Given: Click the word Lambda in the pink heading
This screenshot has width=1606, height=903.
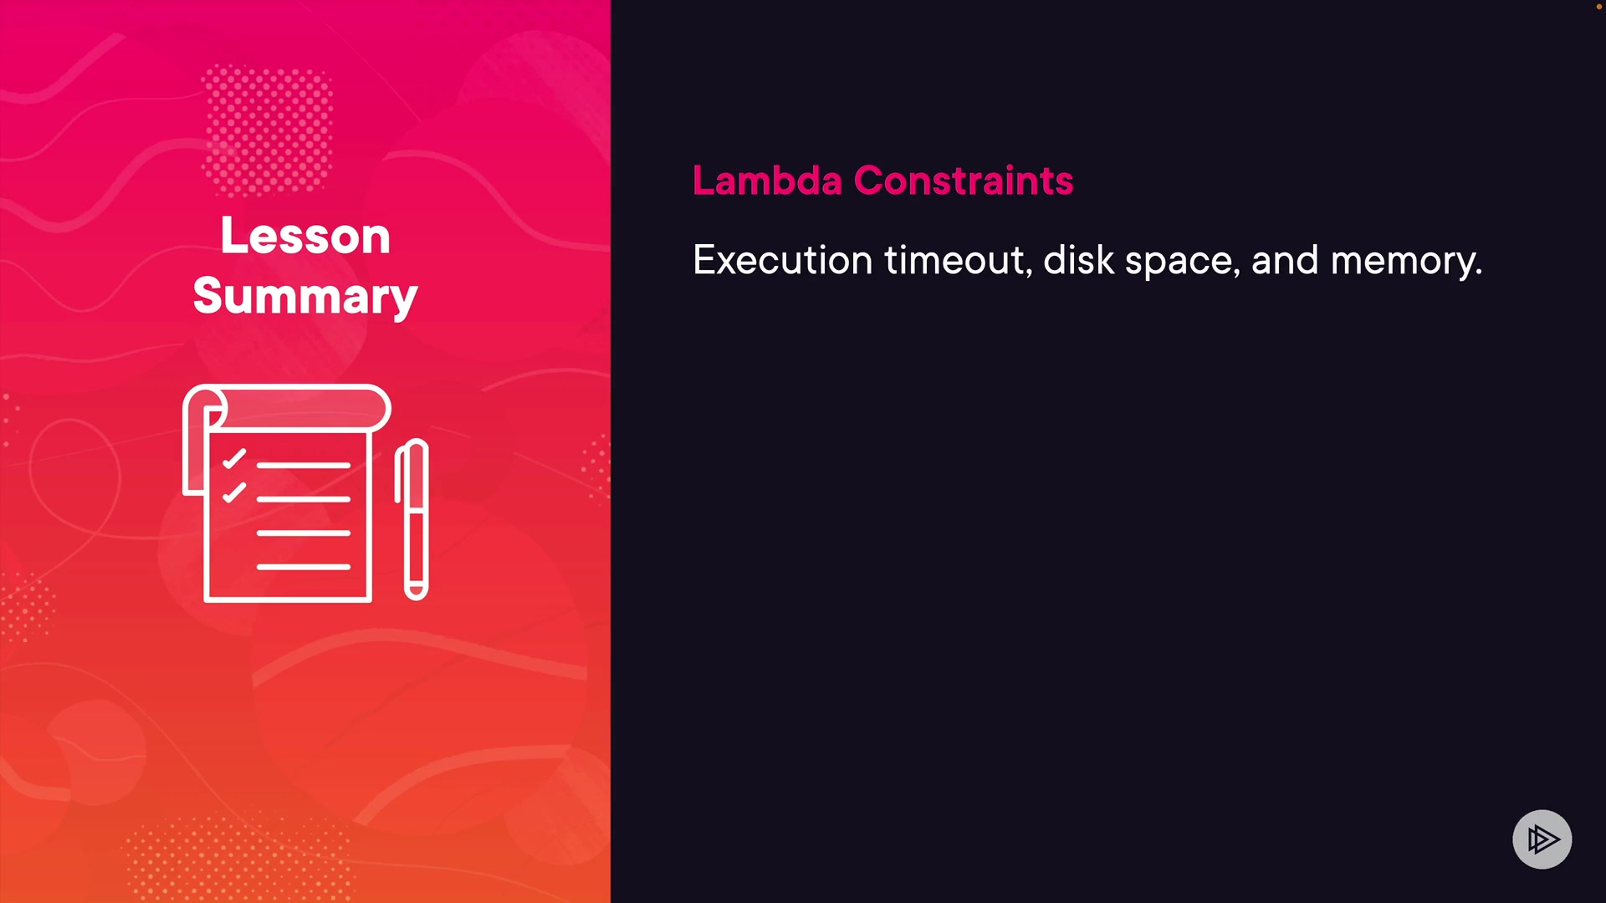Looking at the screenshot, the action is coord(767,180).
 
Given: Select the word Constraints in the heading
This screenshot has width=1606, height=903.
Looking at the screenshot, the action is coord(964,180).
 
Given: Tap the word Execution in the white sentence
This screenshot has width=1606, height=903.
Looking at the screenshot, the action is coord(783,260).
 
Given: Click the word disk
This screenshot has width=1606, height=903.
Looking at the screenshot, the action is coord(1079,260).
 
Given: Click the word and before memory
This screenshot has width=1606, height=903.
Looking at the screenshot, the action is coord(1285,260).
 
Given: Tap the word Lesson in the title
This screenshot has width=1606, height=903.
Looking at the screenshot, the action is coord(305,236).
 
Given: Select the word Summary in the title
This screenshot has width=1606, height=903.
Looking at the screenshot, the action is coord(305,296).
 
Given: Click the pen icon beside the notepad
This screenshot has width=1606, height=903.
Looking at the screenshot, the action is coord(412,519).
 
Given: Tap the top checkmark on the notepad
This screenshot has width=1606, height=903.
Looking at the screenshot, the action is coord(234,459).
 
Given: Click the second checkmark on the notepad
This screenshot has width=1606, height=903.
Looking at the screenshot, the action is coord(234,492).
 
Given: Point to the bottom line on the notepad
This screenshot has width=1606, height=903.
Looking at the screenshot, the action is coord(303,567).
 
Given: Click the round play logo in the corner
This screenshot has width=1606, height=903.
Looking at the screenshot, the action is coord(1542,839).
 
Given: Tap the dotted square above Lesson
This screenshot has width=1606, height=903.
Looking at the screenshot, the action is coord(268,130).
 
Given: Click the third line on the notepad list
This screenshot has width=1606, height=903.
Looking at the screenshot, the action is coord(303,533).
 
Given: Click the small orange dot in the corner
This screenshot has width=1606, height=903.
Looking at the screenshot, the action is coord(1598,7).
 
